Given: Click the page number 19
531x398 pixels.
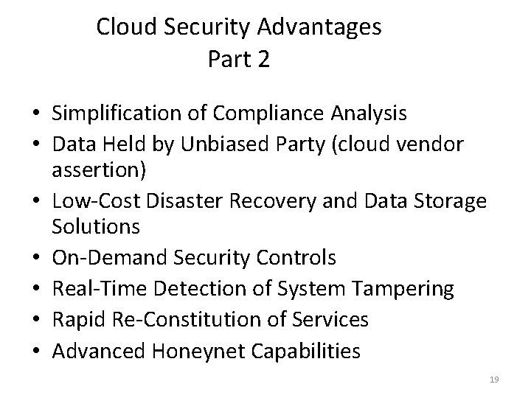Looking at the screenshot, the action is coord(494,379).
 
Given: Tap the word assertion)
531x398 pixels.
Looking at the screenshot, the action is coord(99,171).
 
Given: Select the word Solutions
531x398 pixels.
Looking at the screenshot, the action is coord(96,227).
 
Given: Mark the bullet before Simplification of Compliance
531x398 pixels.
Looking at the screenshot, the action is coord(35,114).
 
